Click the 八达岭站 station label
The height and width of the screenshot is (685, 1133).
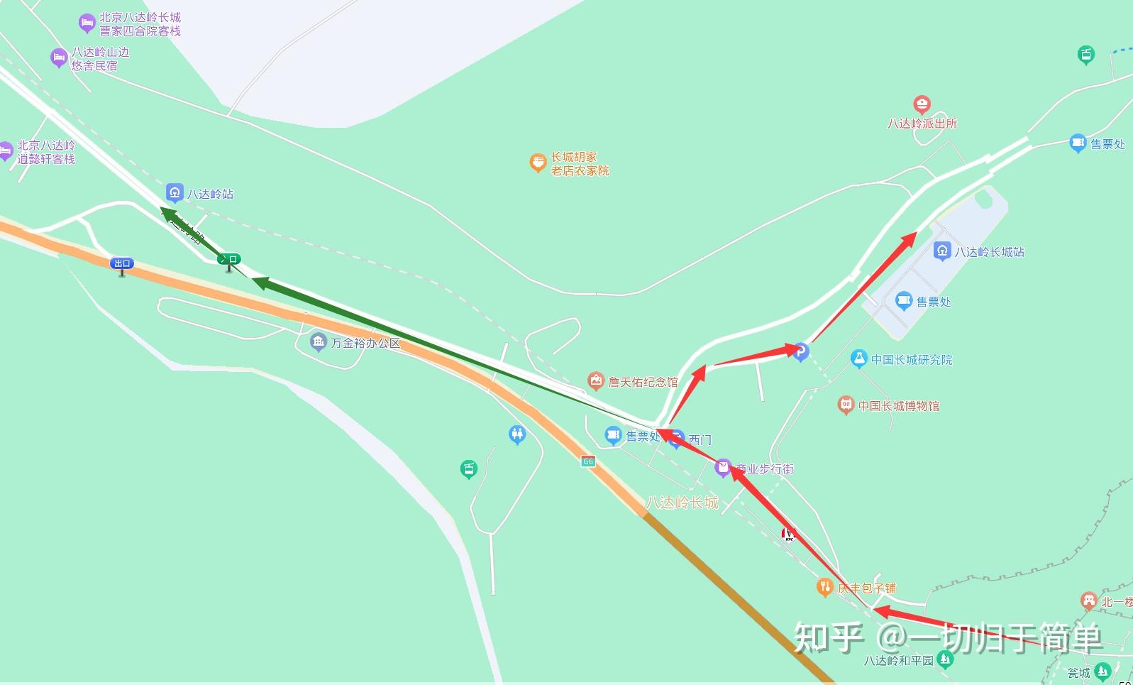210,194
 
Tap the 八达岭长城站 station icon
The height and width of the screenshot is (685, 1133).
942,251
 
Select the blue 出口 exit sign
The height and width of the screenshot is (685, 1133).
122,263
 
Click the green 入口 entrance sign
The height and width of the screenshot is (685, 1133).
229,259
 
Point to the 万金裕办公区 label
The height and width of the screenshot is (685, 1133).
365,343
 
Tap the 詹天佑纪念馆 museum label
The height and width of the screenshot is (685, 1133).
643,382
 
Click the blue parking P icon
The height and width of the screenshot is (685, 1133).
801,351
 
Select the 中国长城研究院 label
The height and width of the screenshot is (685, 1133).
912,360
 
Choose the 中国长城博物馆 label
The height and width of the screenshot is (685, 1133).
899,406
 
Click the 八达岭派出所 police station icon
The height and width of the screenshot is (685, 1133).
922,105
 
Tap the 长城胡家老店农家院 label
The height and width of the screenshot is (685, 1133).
580,164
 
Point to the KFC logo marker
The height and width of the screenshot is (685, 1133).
788,534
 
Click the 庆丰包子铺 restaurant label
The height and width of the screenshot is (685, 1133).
866,588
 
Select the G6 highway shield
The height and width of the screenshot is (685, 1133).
587,461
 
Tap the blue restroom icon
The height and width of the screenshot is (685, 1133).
517,434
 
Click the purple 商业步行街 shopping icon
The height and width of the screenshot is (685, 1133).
722,467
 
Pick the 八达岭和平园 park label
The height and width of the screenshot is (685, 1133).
898,660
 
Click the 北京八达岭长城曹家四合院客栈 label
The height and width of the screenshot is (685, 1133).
140,24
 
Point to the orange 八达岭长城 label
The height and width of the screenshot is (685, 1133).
682,503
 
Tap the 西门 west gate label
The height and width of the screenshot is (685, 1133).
700,440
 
